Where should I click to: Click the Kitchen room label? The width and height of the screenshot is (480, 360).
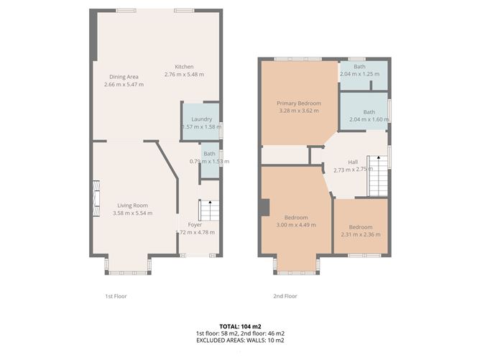pyautogui.click(x=184, y=67)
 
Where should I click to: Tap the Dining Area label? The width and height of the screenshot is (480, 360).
pyautogui.click(x=124, y=76)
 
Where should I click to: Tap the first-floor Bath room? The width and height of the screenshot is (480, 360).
pyautogui.click(x=209, y=158)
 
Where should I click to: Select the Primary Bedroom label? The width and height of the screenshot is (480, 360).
pyautogui.click(x=298, y=103)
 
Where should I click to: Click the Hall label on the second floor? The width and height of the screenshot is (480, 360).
pyautogui.click(x=352, y=162)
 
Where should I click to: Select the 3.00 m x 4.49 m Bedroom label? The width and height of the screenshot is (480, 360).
pyautogui.click(x=296, y=218)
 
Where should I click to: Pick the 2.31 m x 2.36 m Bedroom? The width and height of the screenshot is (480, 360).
pyautogui.click(x=361, y=227)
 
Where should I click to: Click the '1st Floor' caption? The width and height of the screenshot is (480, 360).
pyautogui.click(x=116, y=296)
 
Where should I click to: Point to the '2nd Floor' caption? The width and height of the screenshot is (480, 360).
pyautogui.click(x=285, y=296)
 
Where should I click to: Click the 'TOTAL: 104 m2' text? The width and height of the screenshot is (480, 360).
pyautogui.click(x=240, y=326)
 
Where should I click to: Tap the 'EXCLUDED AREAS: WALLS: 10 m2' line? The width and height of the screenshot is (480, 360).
pyautogui.click(x=240, y=341)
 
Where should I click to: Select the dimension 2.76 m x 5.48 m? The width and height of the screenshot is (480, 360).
pyautogui.click(x=184, y=75)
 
